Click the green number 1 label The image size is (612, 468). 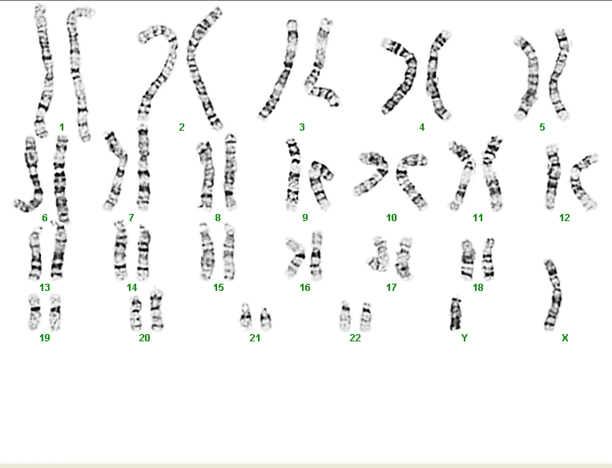62,127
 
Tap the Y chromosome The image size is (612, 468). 455,314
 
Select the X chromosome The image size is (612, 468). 554,295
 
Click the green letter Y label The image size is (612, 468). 465,337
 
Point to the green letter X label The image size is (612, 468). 565,338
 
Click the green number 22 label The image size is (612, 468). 355,337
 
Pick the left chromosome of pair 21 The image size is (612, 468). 245,317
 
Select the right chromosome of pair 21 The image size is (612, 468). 265,319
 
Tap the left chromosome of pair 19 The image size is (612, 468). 34,313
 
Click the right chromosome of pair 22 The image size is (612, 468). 366,317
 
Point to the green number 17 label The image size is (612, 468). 391,288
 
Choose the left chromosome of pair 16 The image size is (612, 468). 296,256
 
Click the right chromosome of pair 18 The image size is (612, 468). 488,259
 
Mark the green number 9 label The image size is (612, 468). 305,218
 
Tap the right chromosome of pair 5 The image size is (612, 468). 559,75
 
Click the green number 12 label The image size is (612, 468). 565,218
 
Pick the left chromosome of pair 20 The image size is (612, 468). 136,313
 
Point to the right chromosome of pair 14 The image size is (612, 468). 143,253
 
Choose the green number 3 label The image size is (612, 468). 302,127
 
